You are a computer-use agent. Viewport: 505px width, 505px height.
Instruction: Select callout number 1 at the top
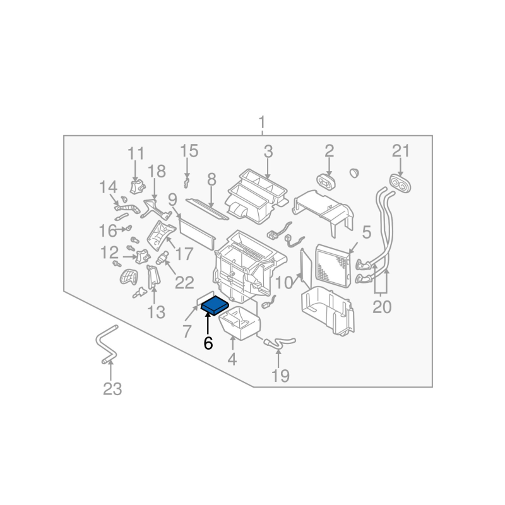(263, 122)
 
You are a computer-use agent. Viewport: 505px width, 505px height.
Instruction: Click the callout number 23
(112, 389)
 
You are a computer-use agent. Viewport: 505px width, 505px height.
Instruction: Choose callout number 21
(401, 151)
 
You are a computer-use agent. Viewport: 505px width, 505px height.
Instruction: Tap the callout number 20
(382, 307)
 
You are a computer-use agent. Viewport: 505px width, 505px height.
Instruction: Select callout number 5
(367, 230)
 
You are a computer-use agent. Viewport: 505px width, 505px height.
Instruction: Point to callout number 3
(268, 151)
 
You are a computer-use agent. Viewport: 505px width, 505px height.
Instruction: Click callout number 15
(189, 151)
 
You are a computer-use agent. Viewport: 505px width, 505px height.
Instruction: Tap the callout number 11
(136, 153)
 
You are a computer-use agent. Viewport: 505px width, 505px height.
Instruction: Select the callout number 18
(157, 170)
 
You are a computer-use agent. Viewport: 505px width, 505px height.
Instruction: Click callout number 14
(109, 187)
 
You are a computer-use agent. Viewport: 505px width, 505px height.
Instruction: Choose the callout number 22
(184, 282)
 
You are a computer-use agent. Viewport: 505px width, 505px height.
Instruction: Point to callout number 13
(156, 311)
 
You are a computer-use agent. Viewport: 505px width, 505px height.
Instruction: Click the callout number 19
(280, 376)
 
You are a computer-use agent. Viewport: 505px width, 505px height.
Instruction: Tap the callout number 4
(232, 360)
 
